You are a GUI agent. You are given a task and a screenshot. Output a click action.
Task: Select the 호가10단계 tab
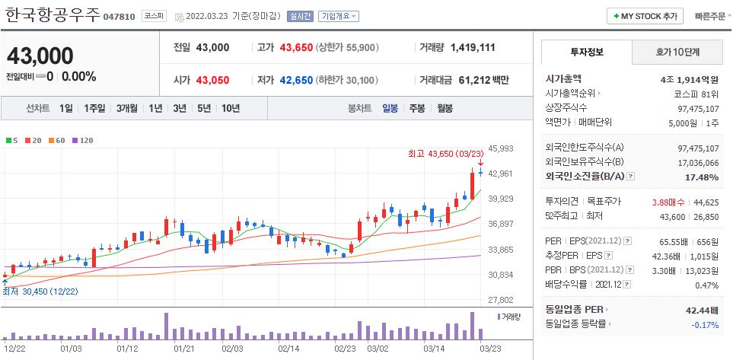click(677, 52)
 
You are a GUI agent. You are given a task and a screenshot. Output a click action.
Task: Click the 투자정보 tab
click(586, 52)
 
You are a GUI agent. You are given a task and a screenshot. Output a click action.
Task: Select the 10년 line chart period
click(230, 108)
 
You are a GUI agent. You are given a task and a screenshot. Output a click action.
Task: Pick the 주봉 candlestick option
click(416, 108)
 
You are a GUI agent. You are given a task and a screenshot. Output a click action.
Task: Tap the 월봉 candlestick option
click(445, 108)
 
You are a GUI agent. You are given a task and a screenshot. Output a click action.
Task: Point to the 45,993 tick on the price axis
click(501, 148)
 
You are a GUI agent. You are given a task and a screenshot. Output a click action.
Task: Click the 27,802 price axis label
click(501, 300)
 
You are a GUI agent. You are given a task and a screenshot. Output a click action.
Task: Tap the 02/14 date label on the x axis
click(288, 348)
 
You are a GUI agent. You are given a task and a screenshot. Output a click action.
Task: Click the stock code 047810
click(119, 16)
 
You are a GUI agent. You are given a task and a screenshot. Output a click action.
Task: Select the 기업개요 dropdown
click(339, 16)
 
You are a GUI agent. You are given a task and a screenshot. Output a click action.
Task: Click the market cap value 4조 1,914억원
click(690, 78)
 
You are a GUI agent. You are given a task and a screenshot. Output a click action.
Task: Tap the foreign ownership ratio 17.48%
click(701, 177)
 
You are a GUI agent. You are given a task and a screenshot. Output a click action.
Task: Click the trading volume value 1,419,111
click(473, 47)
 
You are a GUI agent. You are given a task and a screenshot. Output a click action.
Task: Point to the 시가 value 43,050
click(212, 80)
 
